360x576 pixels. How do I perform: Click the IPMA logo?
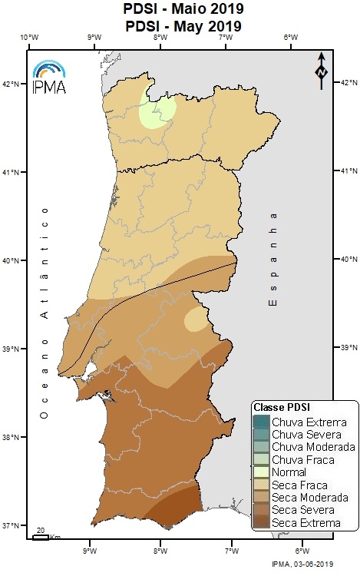coord(50,76)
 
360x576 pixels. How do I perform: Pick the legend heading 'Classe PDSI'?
coord(281,406)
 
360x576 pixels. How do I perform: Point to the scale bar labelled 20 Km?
coord(41,535)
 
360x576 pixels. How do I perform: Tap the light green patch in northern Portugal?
coord(156,114)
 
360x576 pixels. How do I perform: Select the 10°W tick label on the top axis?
coord(29,37)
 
